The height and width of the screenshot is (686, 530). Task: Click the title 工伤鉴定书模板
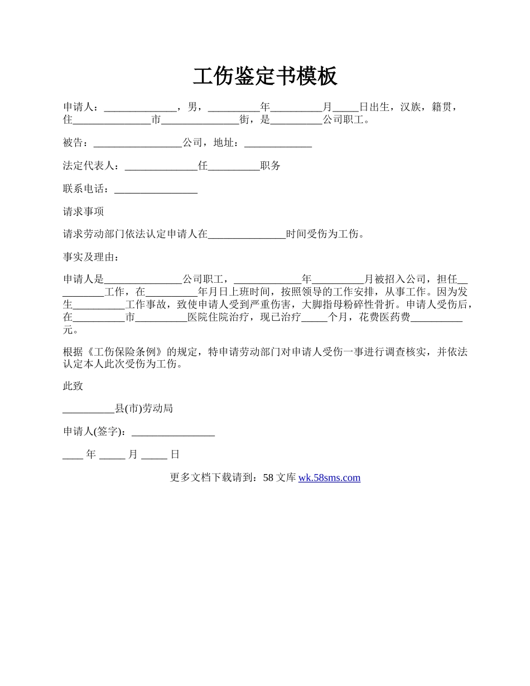tap(265, 76)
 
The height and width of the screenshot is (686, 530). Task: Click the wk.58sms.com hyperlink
tap(329, 477)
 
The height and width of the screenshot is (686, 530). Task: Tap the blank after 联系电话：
tap(156, 189)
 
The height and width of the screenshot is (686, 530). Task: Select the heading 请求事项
tap(83, 212)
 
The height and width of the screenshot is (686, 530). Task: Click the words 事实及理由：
tap(91, 257)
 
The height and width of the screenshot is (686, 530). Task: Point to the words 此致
tap(73, 386)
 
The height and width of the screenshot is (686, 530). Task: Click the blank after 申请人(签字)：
tap(173, 432)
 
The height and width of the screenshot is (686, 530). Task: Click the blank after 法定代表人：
tap(161, 166)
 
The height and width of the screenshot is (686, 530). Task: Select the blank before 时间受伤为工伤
tap(247, 234)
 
